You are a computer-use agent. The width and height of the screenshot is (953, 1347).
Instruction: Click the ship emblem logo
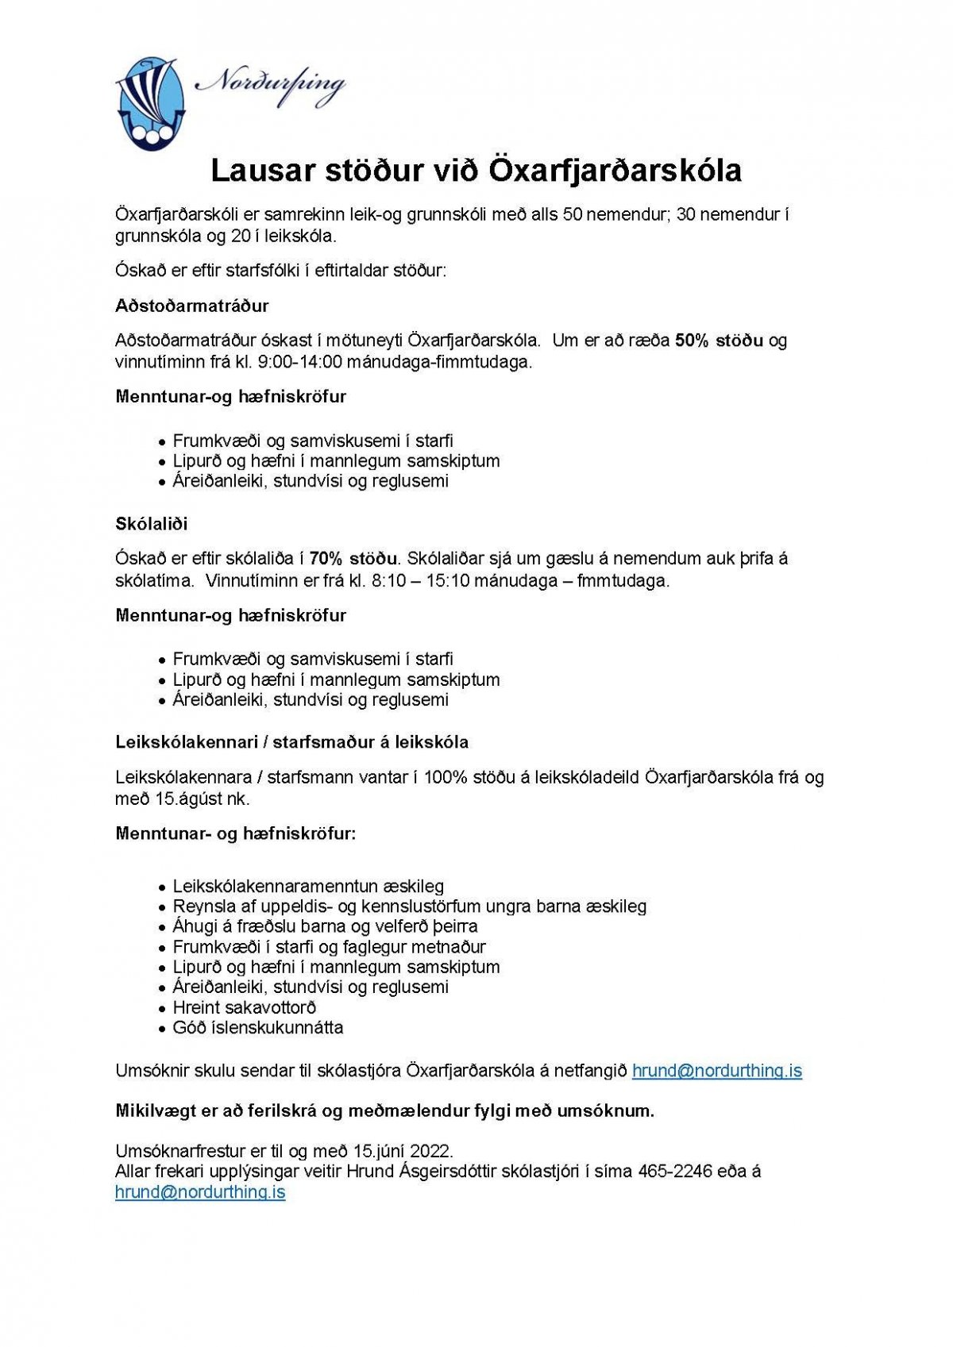coord(150,103)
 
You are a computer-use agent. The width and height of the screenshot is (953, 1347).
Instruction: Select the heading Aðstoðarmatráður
coord(192,306)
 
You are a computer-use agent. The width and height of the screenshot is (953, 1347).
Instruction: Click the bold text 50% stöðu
coord(719,341)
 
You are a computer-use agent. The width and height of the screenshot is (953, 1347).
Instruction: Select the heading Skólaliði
coord(152,524)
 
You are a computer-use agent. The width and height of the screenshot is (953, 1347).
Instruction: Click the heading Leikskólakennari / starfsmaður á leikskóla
coord(292,742)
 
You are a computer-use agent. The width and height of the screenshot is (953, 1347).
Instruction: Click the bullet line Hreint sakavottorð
coord(245,1007)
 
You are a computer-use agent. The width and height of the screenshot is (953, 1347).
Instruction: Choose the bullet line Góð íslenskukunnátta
coord(258,1028)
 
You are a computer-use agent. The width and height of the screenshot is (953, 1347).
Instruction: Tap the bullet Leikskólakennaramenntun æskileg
coord(308,887)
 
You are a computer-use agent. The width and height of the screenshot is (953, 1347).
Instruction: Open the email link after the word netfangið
coord(716,1071)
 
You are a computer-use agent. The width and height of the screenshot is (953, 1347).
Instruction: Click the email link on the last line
coord(200,1192)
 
